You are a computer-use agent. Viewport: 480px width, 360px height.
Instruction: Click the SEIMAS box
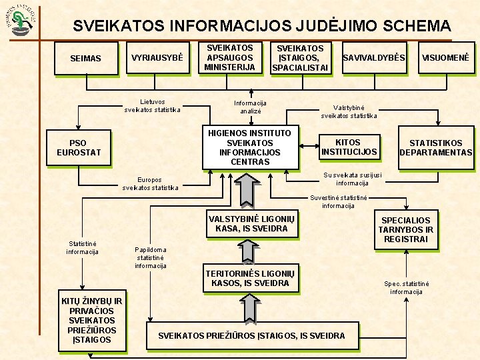(85, 59)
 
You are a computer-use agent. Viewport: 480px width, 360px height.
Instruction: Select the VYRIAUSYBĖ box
(157, 58)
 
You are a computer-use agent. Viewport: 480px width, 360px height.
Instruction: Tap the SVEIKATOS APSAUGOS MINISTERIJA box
(229, 58)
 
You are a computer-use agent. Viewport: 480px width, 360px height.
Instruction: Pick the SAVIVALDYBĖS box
(373, 58)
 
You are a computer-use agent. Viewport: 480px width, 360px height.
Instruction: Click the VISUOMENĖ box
(445, 58)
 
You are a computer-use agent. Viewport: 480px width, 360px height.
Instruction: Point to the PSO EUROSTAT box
(79, 147)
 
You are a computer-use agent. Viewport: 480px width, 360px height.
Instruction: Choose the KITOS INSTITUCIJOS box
(348, 147)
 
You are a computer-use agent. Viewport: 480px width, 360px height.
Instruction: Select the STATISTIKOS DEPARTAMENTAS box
(435, 147)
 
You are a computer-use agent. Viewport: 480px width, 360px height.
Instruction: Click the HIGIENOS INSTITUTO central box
(249, 147)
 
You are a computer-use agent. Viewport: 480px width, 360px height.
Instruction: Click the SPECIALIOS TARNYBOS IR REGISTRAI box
(405, 229)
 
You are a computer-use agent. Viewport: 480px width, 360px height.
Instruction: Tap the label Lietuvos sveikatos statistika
(152, 105)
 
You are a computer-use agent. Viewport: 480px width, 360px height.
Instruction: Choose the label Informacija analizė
(250, 107)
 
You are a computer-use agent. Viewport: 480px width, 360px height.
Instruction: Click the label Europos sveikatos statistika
(150, 183)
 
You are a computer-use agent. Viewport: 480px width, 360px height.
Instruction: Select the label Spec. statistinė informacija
(406, 287)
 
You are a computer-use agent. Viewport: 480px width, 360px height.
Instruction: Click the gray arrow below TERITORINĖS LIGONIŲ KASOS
(248, 308)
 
